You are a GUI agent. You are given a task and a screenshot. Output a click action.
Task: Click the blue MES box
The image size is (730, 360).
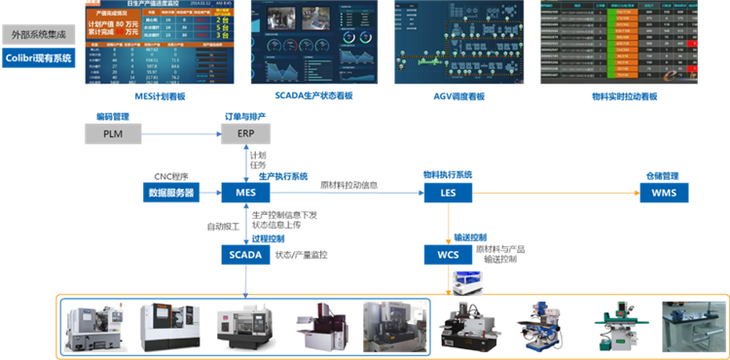[x=245, y=193]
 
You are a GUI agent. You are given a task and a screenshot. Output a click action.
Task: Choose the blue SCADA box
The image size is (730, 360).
[x=245, y=255]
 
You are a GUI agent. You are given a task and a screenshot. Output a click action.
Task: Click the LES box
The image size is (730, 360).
[x=448, y=193]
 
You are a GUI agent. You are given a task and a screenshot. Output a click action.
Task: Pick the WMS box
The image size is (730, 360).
[x=664, y=193]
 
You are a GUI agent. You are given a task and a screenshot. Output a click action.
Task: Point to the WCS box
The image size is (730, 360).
[x=448, y=255]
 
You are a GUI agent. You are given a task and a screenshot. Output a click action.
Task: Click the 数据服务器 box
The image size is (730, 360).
[x=171, y=193]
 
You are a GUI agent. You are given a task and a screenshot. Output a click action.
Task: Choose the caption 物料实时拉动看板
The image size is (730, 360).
[x=625, y=96]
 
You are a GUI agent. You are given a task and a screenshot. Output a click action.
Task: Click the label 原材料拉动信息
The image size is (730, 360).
[x=349, y=185]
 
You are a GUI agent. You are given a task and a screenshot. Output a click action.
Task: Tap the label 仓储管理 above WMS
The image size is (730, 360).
[x=663, y=176]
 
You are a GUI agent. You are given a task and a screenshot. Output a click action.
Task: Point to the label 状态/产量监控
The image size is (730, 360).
[x=301, y=255]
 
